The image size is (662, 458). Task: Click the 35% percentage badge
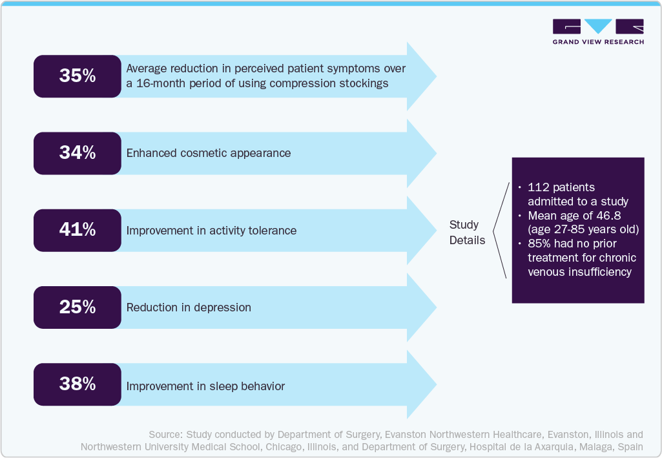click(78, 76)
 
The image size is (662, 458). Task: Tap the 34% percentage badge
click(78, 153)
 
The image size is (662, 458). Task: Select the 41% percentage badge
click(78, 231)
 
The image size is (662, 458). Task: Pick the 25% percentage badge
click(78, 307)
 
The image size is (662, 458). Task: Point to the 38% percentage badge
click(78, 384)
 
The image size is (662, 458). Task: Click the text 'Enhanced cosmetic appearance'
click(209, 153)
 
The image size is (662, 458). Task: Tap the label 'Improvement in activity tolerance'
click(211, 231)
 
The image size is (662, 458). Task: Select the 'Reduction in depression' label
click(189, 307)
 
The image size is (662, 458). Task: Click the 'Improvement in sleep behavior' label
click(205, 386)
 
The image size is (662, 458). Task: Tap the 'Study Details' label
click(467, 232)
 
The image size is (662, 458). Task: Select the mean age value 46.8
click(608, 216)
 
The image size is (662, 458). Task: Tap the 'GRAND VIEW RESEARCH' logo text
click(598, 42)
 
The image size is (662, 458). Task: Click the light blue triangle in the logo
click(598, 25)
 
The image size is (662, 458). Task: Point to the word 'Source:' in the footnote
click(165, 434)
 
